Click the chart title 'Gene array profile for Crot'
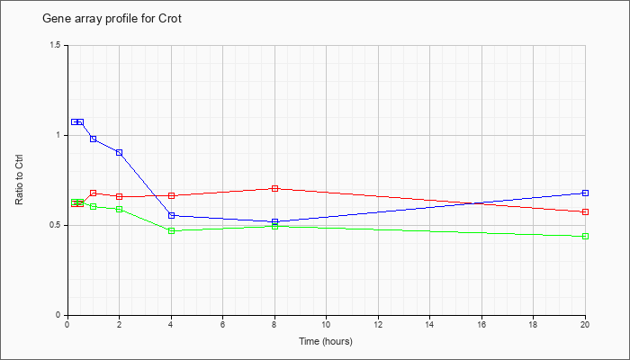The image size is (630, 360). pyautogui.click(x=112, y=19)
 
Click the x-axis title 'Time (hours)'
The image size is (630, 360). pyautogui.click(x=326, y=341)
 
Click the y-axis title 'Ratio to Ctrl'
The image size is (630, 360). pyautogui.click(x=19, y=179)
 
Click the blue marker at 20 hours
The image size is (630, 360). pyautogui.click(x=585, y=193)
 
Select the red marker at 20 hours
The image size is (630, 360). pyautogui.click(x=585, y=211)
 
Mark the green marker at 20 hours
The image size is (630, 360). pyautogui.click(x=585, y=236)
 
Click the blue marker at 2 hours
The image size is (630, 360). pyautogui.click(x=120, y=153)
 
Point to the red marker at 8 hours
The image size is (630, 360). pyautogui.click(x=274, y=188)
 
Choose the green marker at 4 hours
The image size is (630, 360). pyautogui.click(x=172, y=231)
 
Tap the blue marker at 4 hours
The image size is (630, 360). pyautogui.click(x=172, y=215)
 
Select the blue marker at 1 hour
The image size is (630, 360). pyautogui.click(x=94, y=139)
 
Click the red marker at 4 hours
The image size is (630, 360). pyautogui.click(x=172, y=195)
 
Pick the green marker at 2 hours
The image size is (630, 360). pyautogui.click(x=120, y=210)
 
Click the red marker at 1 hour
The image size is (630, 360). pyautogui.click(x=94, y=193)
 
